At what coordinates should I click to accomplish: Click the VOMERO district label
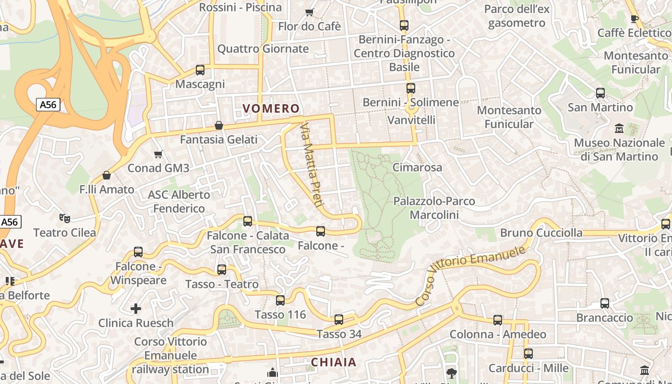[271, 108]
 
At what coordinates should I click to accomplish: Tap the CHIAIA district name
[334, 362]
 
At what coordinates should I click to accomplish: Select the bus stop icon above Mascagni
[200, 70]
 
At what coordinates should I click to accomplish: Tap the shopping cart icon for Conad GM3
[158, 154]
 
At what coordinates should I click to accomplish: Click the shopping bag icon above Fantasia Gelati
[219, 125]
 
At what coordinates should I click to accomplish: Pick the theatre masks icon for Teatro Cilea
[65, 218]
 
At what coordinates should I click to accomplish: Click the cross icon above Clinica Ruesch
[136, 308]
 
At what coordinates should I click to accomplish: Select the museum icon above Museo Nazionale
[619, 129]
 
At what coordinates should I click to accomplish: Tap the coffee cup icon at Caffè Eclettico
[634, 19]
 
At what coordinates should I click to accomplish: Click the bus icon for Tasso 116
[280, 300]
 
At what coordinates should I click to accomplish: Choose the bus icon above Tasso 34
[339, 320]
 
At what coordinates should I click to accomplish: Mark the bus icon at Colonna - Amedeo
[498, 320]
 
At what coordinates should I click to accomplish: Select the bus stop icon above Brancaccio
[605, 303]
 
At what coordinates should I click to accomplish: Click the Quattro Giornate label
[263, 49]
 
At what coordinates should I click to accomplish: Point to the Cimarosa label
[417, 168]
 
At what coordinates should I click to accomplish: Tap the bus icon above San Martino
[600, 93]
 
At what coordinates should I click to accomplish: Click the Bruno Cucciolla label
[541, 233]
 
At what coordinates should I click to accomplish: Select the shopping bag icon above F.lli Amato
[107, 175]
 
